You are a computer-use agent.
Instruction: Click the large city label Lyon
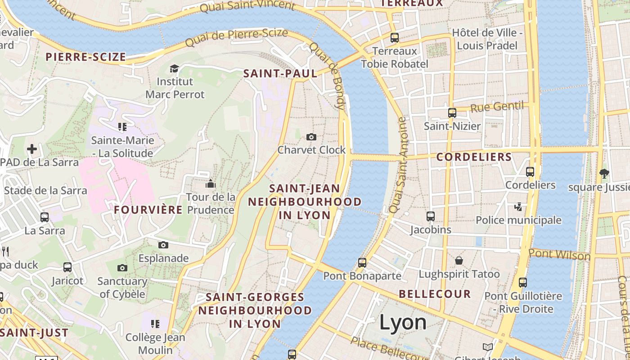point(403,322)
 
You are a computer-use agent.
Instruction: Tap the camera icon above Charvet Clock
point(311,137)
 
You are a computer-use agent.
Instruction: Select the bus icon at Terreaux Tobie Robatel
point(395,38)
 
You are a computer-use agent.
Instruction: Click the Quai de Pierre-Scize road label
point(236,38)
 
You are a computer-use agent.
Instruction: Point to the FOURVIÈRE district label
point(148,210)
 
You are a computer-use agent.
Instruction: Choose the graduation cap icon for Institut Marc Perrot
point(174,68)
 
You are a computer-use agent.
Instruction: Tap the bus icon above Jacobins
point(431,216)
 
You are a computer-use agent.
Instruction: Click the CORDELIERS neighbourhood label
point(474,157)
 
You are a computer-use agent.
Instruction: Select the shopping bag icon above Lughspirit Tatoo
point(459,261)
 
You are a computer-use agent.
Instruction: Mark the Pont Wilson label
point(559,255)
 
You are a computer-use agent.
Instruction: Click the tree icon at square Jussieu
point(603,173)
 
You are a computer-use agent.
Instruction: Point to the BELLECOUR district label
point(435,294)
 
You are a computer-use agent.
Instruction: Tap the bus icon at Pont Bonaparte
point(362,262)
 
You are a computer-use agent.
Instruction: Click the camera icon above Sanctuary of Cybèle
point(122,268)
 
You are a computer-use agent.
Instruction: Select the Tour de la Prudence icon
point(210,184)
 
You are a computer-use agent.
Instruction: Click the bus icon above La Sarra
point(45,217)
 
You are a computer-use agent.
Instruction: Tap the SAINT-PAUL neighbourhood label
point(280,74)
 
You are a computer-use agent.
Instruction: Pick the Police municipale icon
point(518,207)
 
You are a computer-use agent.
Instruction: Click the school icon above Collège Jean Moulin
point(155,324)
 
